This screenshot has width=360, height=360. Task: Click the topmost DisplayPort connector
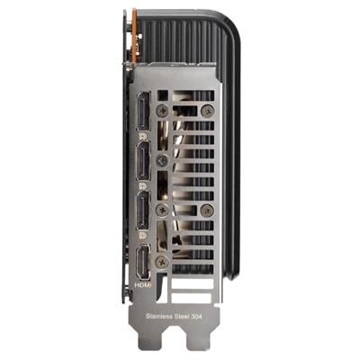click(x=143, y=111)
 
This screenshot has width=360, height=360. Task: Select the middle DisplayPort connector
click(x=143, y=161)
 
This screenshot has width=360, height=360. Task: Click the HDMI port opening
click(x=143, y=262)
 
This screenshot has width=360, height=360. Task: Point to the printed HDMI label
click(x=143, y=285)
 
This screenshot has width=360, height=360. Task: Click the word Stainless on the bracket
click(x=159, y=316)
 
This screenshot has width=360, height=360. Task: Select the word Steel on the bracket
click(x=182, y=316)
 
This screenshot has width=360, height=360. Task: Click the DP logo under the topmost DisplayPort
click(x=143, y=136)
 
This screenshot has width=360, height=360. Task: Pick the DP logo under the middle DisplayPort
click(x=143, y=186)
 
